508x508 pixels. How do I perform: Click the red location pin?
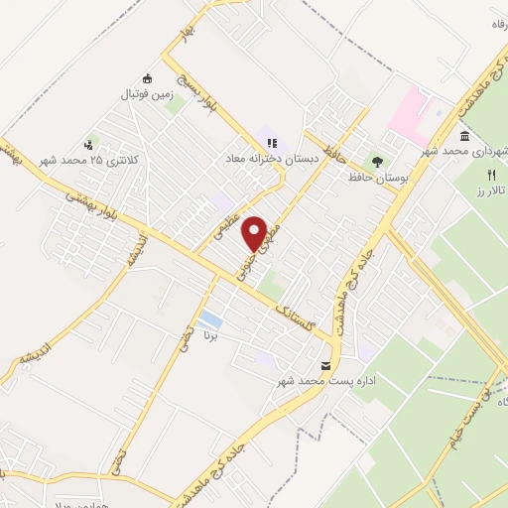tap(255, 233)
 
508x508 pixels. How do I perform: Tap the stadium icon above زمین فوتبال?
tap(148, 79)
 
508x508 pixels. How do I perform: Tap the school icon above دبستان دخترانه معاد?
tap(272, 143)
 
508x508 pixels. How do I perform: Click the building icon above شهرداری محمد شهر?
tap(464, 136)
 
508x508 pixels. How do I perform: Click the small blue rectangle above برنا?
tap(209, 319)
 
